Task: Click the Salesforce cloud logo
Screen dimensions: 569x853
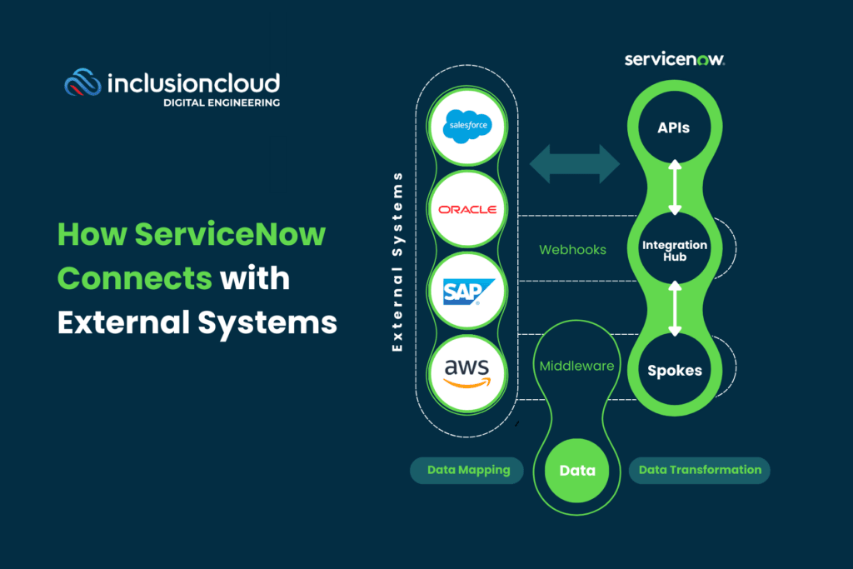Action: point(466,127)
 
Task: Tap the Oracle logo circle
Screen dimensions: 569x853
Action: point(466,209)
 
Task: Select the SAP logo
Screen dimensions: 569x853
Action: point(466,290)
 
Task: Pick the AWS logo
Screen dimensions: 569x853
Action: point(466,371)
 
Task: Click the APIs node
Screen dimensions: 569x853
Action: point(673,128)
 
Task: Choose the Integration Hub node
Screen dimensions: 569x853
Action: point(674,251)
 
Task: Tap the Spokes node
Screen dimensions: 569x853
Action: point(674,371)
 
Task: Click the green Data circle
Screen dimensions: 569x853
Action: point(577,471)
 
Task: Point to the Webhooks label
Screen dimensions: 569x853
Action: point(571,250)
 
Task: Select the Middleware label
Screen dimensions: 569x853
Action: point(576,366)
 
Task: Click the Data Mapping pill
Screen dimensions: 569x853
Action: point(468,470)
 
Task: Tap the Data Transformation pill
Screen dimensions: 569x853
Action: point(700,470)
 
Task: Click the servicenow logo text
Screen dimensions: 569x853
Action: point(674,60)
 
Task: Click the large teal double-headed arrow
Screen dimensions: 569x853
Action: point(574,162)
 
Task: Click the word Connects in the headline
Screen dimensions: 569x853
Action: point(135,277)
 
